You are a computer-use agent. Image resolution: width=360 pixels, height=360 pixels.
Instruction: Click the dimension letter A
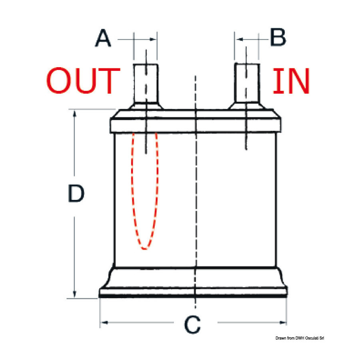pyautogui.click(x=103, y=38)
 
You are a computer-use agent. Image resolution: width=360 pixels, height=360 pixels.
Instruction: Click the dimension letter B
pyautogui.click(x=278, y=37)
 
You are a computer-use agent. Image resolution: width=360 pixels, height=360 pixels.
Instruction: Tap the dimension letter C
pyautogui.click(x=192, y=324)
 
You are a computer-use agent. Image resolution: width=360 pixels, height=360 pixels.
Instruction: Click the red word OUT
pyautogui.click(x=83, y=80)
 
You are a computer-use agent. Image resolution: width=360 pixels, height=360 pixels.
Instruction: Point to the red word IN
pyautogui.click(x=291, y=81)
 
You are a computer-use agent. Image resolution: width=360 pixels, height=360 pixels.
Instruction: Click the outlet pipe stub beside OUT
pyautogui.click(x=146, y=83)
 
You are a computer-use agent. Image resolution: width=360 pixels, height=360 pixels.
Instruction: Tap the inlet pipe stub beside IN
pyautogui.click(x=247, y=83)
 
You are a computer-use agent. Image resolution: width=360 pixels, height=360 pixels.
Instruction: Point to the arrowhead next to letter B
pyautogui.click(x=239, y=39)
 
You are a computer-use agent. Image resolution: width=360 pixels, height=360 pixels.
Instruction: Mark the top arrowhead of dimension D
pyautogui.click(x=74, y=114)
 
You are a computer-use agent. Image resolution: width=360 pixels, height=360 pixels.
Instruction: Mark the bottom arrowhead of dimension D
pyautogui.click(x=74, y=294)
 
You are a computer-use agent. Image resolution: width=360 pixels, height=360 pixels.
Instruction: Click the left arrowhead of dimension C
pyautogui.click(x=104, y=322)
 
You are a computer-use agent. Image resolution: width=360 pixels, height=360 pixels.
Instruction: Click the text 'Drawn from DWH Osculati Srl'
pyautogui.click(x=300, y=338)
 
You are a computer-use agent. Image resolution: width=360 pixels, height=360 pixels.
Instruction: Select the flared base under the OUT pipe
pyautogui.click(x=146, y=106)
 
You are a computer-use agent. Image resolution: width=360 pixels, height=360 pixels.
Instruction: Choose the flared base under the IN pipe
pyautogui.click(x=246, y=106)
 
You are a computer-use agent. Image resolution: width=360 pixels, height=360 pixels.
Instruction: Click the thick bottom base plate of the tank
pyautogui.click(x=193, y=293)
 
